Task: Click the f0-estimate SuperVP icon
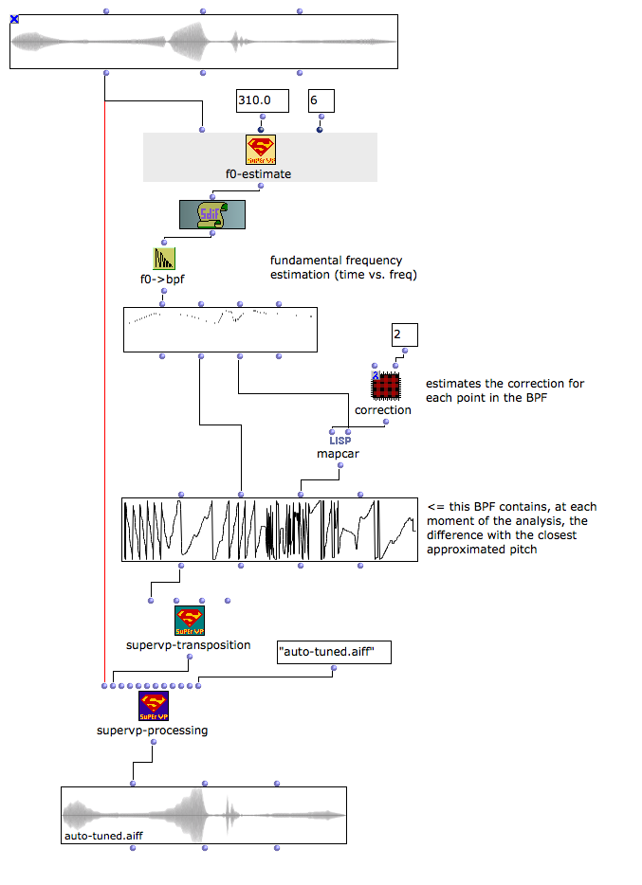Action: coord(260,150)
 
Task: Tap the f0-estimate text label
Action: coord(258,174)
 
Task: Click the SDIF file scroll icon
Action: coord(211,214)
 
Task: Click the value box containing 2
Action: coord(404,334)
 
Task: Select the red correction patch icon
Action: coord(384,386)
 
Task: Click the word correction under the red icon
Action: coord(383,410)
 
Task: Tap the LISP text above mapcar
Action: coord(339,440)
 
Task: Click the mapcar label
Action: coord(339,454)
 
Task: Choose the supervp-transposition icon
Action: coord(188,622)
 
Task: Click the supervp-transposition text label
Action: coord(188,645)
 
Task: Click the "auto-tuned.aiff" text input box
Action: coord(334,652)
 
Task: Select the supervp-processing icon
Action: coord(153,705)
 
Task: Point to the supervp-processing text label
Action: coord(152,731)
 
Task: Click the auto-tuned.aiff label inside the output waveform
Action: coord(103,837)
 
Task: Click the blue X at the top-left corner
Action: coord(14,19)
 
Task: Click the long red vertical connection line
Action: coord(104,379)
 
